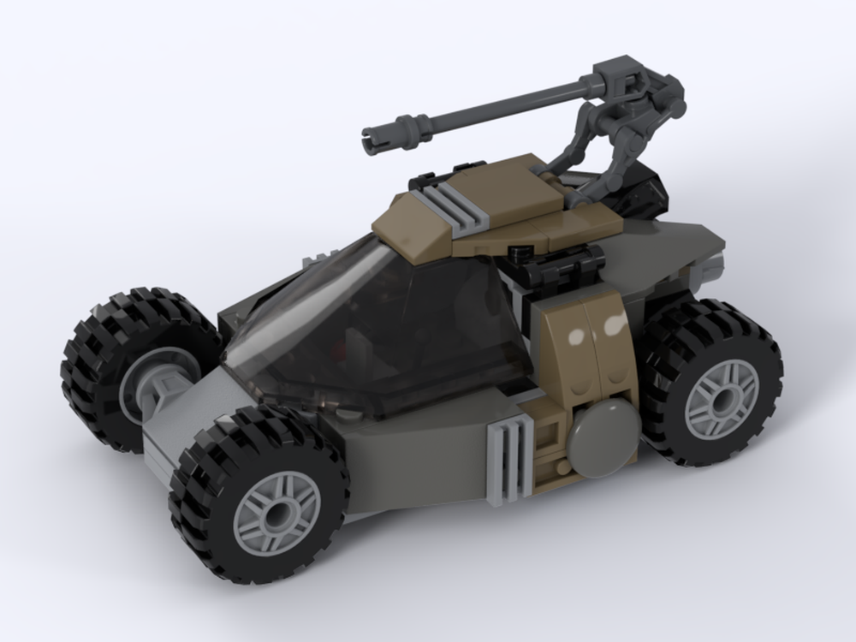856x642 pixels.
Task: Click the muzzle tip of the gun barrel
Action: (369, 134)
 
